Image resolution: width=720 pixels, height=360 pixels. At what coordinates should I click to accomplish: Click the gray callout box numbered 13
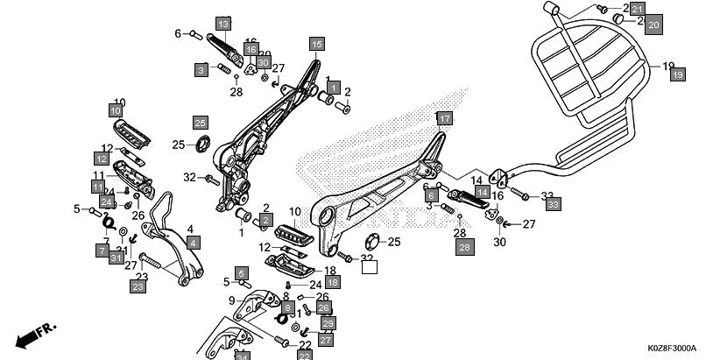pos(222,24)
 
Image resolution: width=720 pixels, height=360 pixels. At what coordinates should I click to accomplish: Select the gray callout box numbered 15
pos(316,44)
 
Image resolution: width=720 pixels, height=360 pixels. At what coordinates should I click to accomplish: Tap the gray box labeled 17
pos(444,119)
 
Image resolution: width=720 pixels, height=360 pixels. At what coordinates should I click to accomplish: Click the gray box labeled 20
pos(653,26)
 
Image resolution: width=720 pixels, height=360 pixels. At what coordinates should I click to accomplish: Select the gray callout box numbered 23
pos(138,286)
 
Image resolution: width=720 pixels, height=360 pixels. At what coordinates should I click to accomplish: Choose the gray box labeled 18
pos(332,282)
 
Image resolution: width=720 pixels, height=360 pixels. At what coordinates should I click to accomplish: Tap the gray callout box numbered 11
pos(98,186)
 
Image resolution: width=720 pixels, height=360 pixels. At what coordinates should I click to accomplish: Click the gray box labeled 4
pos(192,241)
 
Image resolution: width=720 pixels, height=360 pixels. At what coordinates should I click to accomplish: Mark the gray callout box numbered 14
pos(481,190)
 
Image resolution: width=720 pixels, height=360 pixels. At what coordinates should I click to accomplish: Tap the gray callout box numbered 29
pos(328,324)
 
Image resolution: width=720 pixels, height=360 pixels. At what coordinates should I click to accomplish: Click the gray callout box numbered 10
pos(116,111)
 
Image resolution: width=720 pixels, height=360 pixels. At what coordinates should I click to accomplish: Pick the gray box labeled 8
pos(287,308)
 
